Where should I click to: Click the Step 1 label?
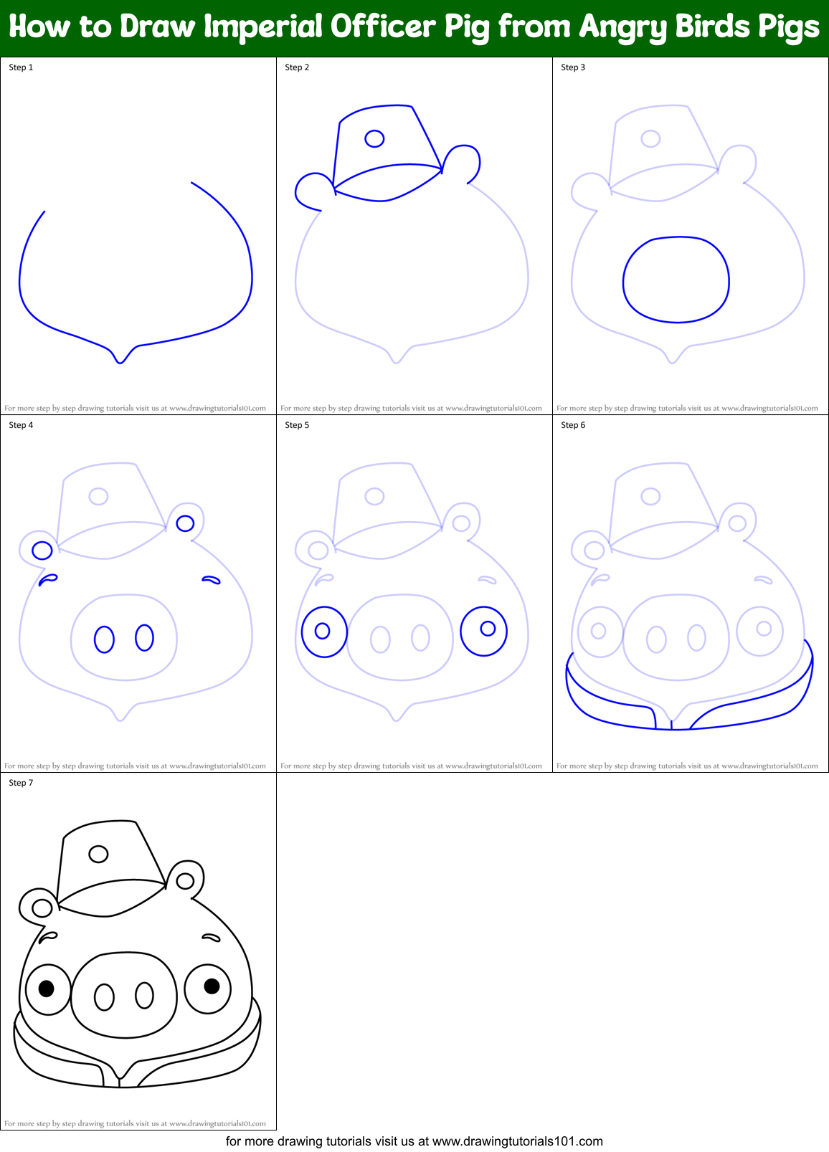(x=21, y=67)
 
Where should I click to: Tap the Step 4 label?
(x=21, y=425)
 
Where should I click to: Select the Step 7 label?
(x=21, y=783)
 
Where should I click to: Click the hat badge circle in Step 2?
(x=374, y=138)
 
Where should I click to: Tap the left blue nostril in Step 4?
(x=104, y=639)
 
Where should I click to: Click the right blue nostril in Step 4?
(x=144, y=637)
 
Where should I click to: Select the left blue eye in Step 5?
(x=324, y=632)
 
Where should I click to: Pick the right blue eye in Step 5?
(x=484, y=631)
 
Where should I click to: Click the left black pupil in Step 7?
(x=47, y=989)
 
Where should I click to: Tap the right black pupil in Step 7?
(x=212, y=986)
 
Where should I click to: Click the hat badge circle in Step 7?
(x=98, y=854)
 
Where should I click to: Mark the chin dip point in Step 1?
(x=120, y=362)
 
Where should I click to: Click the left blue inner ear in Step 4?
(x=42, y=551)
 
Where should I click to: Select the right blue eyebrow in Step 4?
(x=211, y=579)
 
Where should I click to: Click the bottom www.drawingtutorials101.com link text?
(x=517, y=1141)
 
